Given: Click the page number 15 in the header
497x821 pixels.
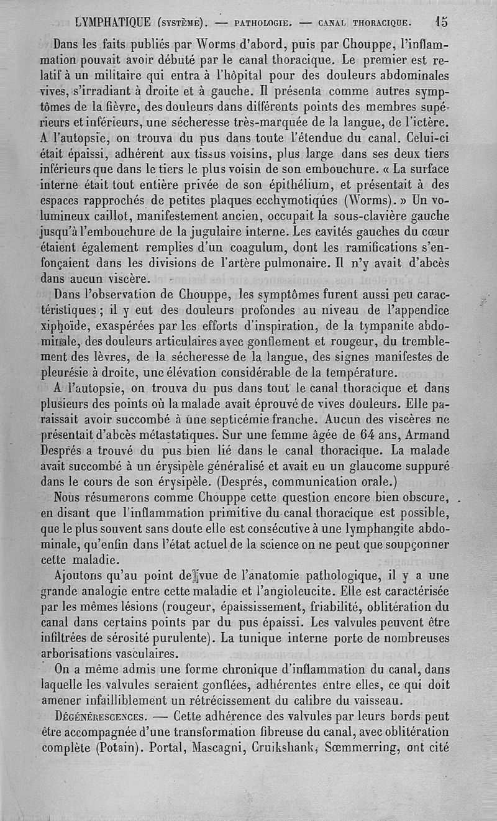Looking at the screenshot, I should click(442, 22).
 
